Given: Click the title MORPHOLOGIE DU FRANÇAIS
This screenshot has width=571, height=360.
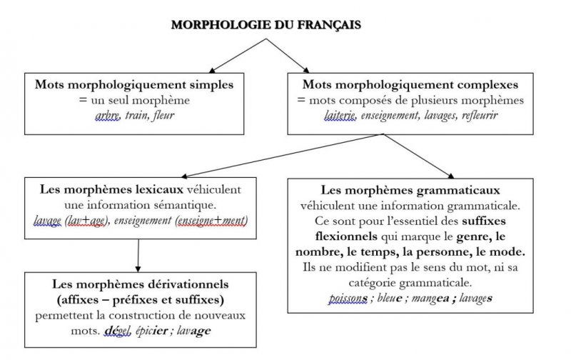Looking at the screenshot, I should [266, 24].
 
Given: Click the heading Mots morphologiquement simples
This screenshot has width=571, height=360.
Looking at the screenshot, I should [134, 84].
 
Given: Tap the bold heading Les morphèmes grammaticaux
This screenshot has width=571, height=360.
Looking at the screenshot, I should [410, 190].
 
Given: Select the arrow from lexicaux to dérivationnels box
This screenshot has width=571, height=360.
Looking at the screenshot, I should [138, 254].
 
